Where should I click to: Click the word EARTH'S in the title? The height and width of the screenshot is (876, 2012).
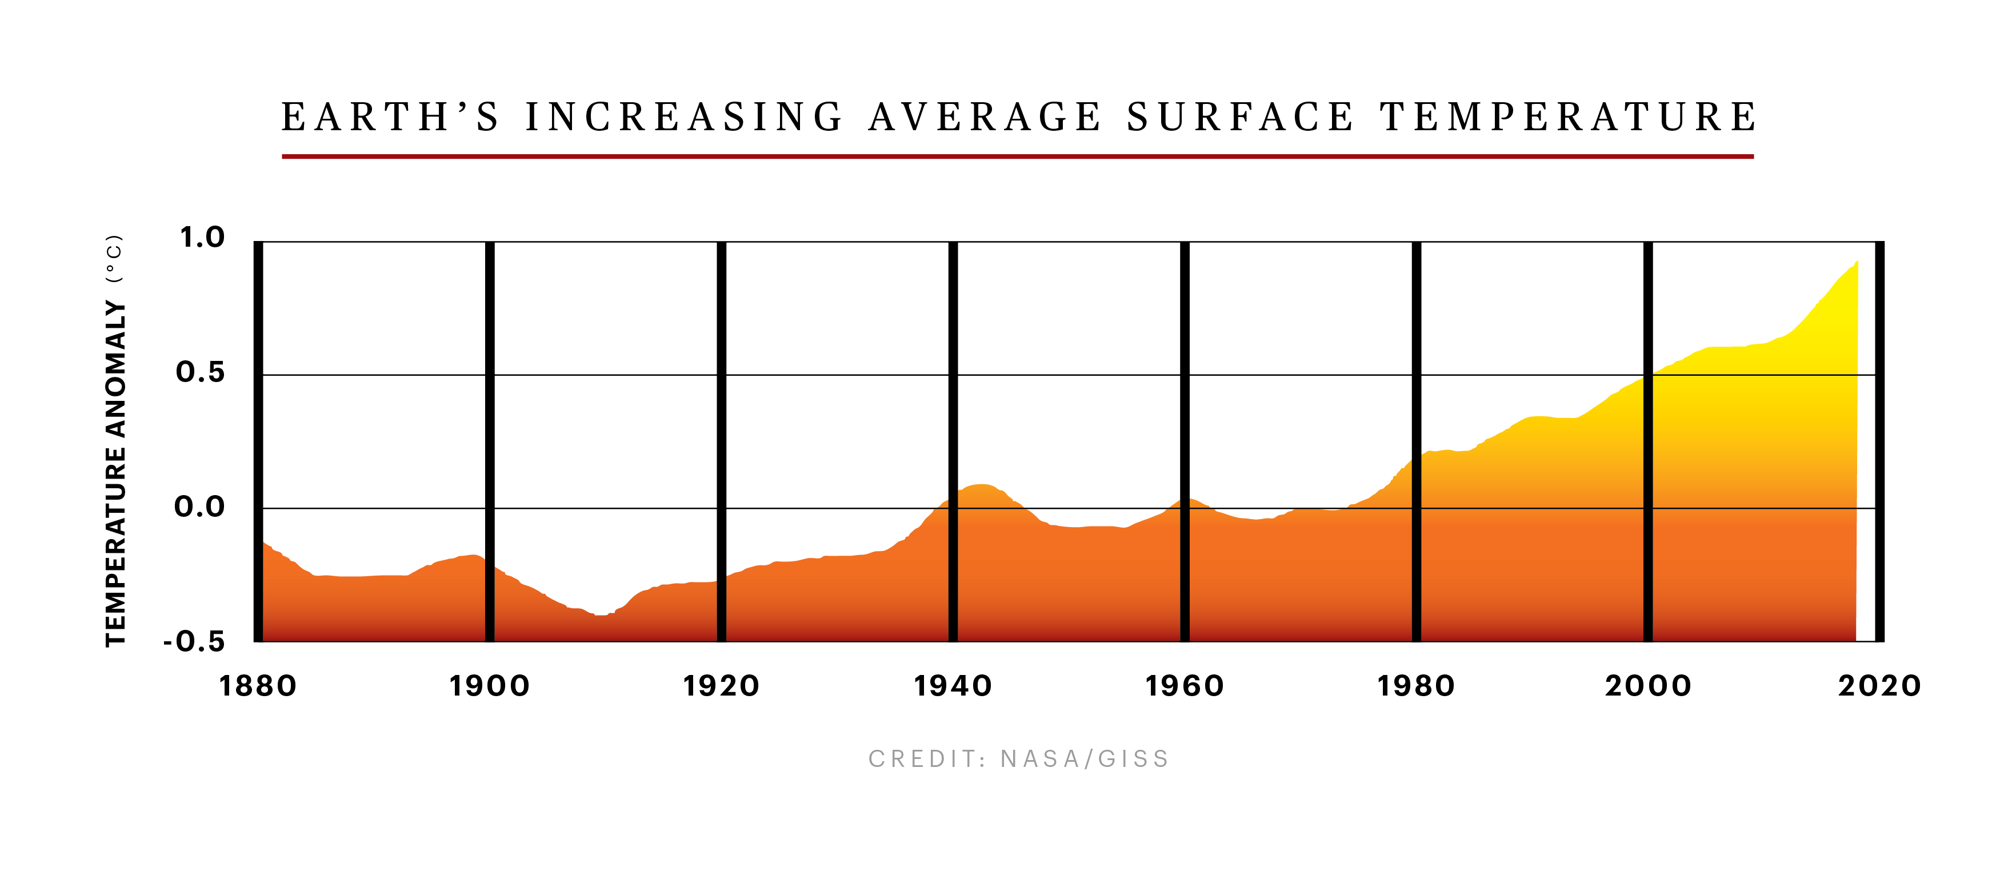[x=390, y=117]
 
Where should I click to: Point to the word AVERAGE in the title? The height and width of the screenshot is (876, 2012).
[x=985, y=117]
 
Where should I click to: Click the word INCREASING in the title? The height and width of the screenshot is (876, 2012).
[x=684, y=117]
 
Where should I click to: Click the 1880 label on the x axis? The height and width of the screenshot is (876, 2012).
[x=258, y=686]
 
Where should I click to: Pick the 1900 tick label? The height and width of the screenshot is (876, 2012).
[x=490, y=686]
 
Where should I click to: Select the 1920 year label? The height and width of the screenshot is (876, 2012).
[x=721, y=686]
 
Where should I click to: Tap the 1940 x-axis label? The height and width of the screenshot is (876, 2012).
[x=953, y=686]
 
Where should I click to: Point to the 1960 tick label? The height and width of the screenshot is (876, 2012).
[x=1184, y=686]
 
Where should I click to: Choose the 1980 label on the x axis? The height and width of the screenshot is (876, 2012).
[x=1416, y=686]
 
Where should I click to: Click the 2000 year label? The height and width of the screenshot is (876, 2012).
[x=1648, y=686]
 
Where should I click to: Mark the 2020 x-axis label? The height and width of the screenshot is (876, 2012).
[x=1879, y=686]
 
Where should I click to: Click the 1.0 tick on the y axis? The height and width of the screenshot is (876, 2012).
[x=202, y=238]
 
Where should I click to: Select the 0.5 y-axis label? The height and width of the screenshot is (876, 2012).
[x=201, y=372]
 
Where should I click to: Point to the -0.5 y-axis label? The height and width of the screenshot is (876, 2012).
[x=194, y=642]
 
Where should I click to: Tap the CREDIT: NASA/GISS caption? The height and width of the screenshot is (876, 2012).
[x=1018, y=759]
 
